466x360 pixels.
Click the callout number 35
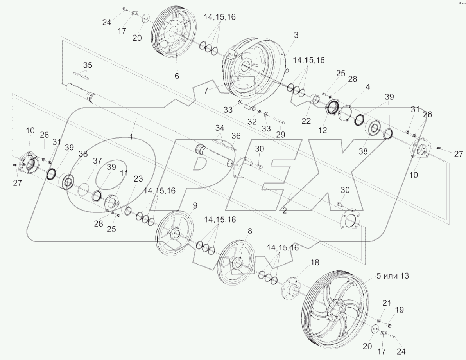click(x=88, y=65)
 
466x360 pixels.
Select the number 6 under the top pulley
click(x=177, y=76)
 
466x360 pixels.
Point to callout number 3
click(x=296, y=35)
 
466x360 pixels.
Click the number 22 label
click(x=306, y=121)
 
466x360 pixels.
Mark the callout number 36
click(x=235, y=136)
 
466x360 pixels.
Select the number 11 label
click(x=124, y=172)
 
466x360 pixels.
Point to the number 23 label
click(x=138, y=179)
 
